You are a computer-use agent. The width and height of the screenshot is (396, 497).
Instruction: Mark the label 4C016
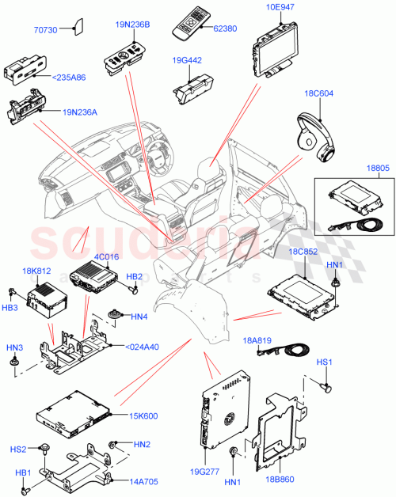pyautogui.click(x=84, y=257)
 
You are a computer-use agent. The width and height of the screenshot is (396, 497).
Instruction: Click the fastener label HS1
pyautogui.click(x=325, y=362)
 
